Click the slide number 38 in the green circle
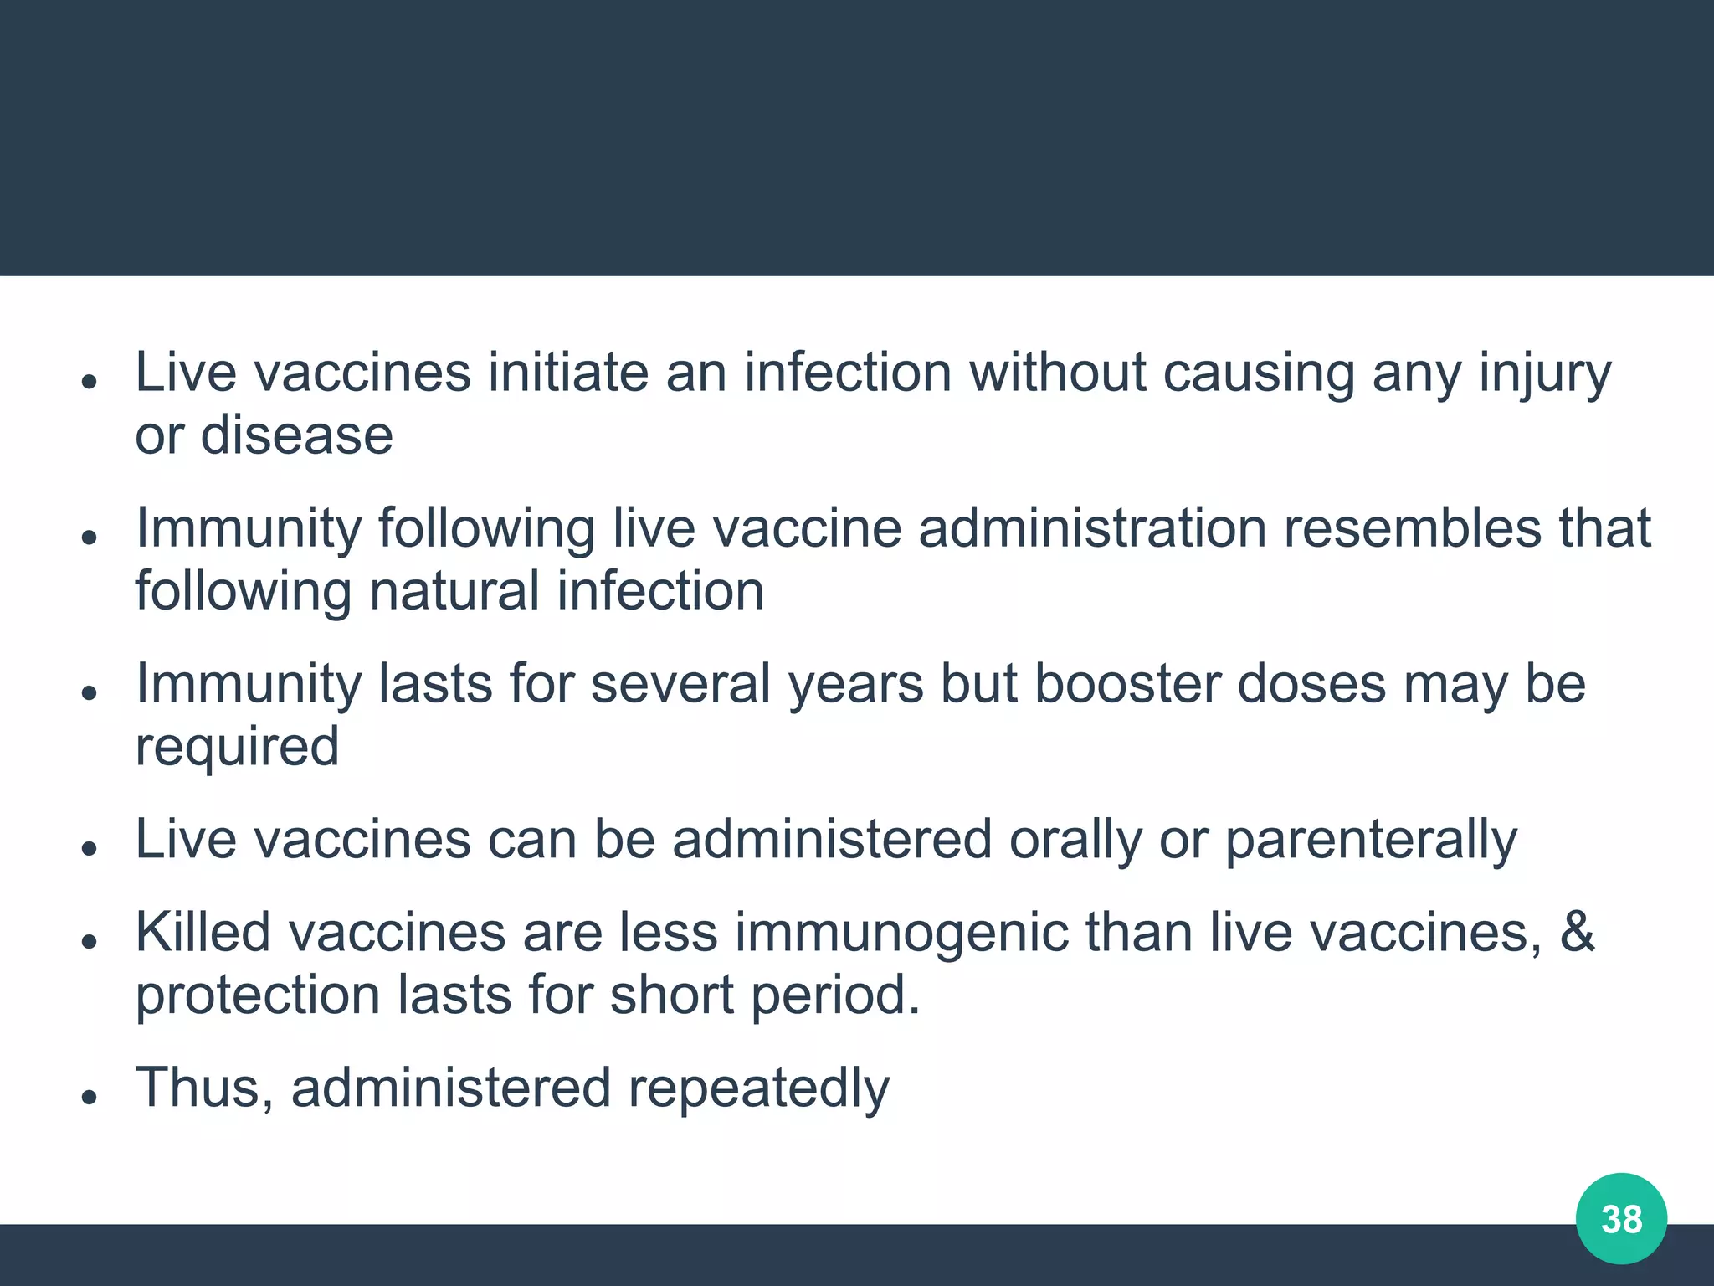(1621, 1219)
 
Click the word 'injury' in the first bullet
(1545, 373)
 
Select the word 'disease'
(296, 435)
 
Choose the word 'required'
(237, 748)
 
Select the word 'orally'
(1075, 840)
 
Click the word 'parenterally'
(1371, 840)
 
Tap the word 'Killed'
(203, 932)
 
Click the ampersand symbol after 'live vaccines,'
(1577, 932)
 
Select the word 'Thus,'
(204, 1088)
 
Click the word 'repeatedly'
(758, 1089)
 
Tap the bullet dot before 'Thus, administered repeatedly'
(90, 1096)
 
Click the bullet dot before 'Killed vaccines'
(90, 941)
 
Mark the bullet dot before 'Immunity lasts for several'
(90, 692)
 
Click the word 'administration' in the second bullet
(1092, 528)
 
